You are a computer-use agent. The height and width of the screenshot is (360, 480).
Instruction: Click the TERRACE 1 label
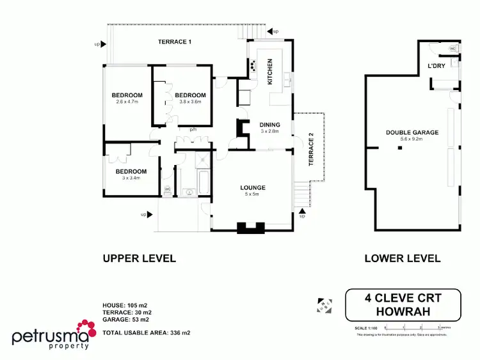point(175,42)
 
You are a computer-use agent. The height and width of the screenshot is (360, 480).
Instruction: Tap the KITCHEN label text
point(270,72)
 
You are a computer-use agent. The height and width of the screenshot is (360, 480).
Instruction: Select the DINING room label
point(270,124)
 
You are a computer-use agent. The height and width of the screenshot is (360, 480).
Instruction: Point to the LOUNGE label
point(253,187)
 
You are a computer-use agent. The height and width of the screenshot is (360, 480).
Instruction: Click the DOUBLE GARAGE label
point(412,132)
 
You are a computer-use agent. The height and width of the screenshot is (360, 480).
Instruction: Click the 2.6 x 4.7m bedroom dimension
point(127,102)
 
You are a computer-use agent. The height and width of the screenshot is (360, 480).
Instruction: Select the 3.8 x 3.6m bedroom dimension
point(190,102)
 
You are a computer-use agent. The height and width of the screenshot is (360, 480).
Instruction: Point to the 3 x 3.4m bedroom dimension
point(131,178)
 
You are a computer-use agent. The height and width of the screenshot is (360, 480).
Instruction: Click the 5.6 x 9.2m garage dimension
point(412,139)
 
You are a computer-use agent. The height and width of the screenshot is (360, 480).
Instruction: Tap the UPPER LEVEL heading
point(139,258)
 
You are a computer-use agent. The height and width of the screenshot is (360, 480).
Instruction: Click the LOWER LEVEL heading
point(402,258)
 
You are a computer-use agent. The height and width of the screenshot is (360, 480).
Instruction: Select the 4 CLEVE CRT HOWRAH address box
point(403,305)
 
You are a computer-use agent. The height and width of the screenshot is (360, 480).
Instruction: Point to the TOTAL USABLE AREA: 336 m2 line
point(147,333)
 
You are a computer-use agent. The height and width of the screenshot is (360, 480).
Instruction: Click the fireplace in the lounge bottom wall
point(249,226)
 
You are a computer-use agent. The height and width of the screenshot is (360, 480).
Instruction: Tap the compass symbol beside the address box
point(324,304)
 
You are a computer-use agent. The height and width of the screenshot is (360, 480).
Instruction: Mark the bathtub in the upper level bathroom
point(204,182)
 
